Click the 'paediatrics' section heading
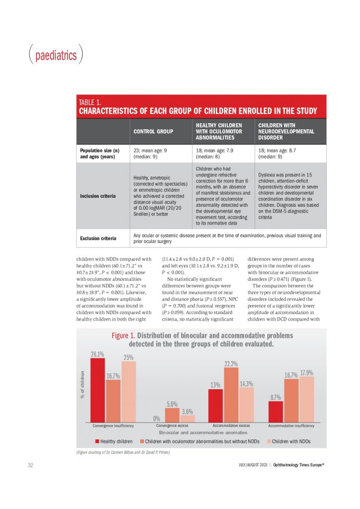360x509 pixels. coord(56,55)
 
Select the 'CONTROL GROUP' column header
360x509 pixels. coord(153,131)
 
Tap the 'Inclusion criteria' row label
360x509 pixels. coord(98,196)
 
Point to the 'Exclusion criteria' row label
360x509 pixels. coord(98,238)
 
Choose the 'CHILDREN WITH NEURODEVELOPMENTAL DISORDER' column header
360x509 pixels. coord(286,131)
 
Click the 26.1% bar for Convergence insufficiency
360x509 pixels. coord(97,390)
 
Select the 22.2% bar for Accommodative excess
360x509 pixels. coord(231,395)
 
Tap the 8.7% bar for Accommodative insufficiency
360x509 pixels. coord(275,412)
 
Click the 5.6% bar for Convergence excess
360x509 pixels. coord(172,415)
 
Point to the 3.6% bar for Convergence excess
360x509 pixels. coord(187,419)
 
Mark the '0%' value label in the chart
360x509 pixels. coord(157,419)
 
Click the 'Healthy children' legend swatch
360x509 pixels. coord(97,441)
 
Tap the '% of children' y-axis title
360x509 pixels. coord(83,385)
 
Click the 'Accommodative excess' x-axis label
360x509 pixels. coord(231,425)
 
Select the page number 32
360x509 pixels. coord(30,465)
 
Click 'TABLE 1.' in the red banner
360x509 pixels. coord(90,102)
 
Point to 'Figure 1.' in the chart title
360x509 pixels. coord(123,336)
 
